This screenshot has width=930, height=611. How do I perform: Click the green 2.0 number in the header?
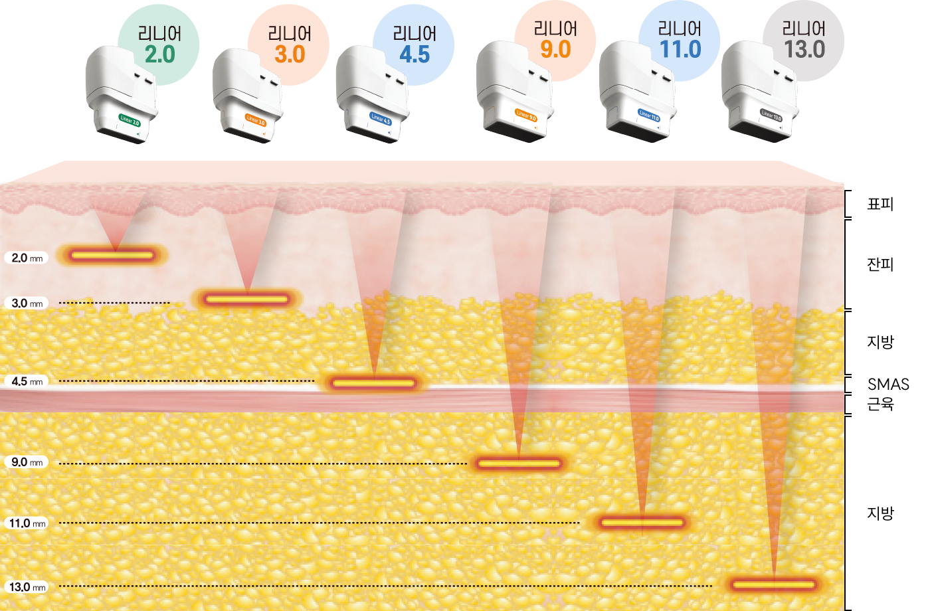tap(159, 54)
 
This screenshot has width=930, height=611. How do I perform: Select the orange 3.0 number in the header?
tap(290, 54)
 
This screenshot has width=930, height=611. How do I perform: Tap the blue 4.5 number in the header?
tap(415, 54)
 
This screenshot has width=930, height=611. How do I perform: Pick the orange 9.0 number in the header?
tap(555, 49)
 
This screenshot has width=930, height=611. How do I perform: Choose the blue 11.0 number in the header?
tap(680, 49)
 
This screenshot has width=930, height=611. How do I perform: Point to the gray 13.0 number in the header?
tap(804, 49)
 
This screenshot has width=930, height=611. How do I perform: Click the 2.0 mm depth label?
tap(27, 258)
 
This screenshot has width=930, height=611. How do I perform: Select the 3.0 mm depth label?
tap(27, 304)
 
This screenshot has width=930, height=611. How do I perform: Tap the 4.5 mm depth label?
tap(27, 381)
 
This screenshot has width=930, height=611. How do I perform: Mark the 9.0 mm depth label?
tap(27, 462)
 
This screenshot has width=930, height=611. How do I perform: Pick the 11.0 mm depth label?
tap(27, 523)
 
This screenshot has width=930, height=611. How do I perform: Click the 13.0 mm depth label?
tap(27, 587)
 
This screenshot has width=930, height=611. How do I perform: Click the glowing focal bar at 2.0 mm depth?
tap(112, 255)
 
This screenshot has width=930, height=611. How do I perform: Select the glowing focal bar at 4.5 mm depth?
tap(374, 383)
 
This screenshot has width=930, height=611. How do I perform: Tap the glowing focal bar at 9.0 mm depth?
tap(519, 464)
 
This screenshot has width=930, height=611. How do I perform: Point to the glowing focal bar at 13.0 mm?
tap(773, 585)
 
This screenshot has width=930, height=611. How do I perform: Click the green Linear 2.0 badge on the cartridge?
tap(130, 121)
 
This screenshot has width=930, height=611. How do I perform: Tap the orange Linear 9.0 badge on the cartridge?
tap(526, 116)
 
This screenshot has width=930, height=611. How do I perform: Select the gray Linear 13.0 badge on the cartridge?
tap(771, 116)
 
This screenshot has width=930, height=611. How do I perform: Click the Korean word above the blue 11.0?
tap(680, 29)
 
